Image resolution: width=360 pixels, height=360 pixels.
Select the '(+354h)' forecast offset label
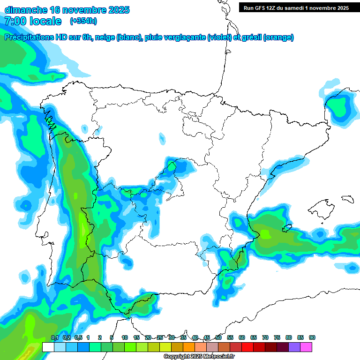click(x=83, y=21)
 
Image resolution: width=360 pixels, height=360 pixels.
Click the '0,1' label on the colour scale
click(x=54, y=337)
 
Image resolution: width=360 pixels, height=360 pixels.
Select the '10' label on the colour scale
click(x=125, y=337)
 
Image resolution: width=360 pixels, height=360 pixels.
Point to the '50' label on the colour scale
click(x=218, y=337)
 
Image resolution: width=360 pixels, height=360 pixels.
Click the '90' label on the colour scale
click(x=312, y=337)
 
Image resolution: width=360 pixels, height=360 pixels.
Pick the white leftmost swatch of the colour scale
click(x=48, y=347)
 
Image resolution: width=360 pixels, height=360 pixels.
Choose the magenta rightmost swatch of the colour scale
click(x=306, y=347)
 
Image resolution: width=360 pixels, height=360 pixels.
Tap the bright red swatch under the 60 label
click(x=236, y=347)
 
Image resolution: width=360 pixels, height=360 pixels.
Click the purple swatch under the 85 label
click(x=294, y=347)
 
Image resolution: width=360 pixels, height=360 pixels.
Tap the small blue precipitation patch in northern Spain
click(x=162, y=138)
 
